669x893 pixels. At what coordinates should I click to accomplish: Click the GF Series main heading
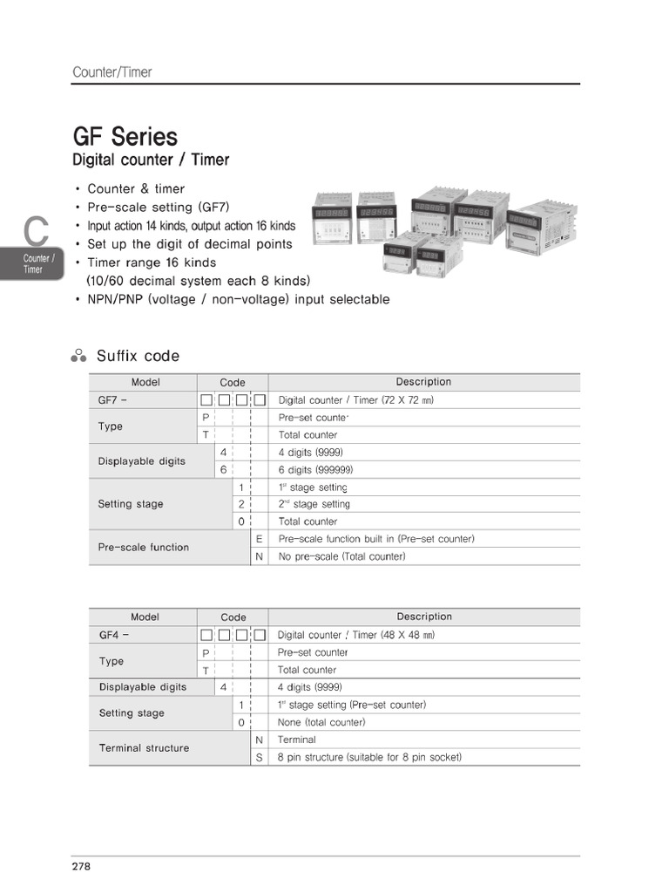(x=125, y=137)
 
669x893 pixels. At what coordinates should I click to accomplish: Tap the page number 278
(x=81, y=866)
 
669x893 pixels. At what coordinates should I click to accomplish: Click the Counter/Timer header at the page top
(x=111, y=72)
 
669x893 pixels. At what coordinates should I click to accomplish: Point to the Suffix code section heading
(x=138, y=356)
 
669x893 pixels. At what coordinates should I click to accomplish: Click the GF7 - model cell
(x=114, y=400)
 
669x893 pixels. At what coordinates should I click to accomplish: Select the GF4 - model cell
(x=114, y=635)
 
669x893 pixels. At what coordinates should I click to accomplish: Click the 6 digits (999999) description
(x=315, y=469)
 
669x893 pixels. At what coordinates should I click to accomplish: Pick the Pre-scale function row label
(x=144, y=547)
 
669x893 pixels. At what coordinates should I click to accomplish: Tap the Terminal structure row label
(x=144, y=748)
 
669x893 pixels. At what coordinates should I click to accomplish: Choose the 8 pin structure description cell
(x=369, y=757)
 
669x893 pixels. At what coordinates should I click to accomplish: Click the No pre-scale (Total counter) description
(x=341, y=556)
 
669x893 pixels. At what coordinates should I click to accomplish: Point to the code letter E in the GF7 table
(x=259, y=539)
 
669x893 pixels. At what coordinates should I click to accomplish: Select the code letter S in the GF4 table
(x=259, y=757)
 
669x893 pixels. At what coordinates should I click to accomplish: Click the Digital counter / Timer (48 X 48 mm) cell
(x=355, y=635)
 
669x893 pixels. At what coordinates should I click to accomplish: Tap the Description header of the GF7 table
(x=423, y=382)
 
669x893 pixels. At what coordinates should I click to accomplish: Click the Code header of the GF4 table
(x=233, y=617)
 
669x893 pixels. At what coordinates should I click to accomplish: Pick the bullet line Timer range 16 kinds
(x=152, y=262)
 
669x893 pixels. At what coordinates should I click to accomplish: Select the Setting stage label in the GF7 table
(x=131, y=504)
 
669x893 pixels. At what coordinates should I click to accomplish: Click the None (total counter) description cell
(x=321, y=722)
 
